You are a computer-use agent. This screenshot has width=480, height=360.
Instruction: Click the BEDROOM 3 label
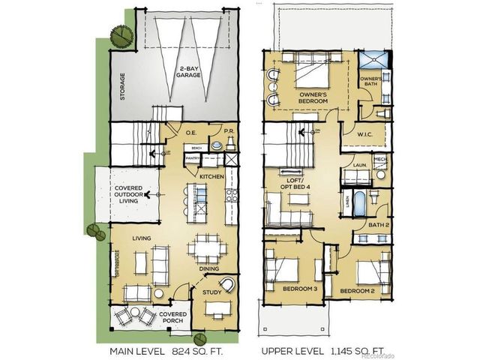[300, 289]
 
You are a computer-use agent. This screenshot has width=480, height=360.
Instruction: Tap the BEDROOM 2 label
[357, 289]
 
